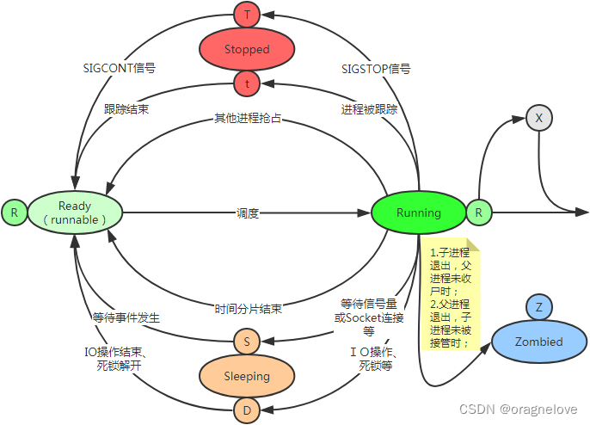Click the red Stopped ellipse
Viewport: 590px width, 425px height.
click(247, 49)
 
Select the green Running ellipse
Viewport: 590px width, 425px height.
click(419, 212)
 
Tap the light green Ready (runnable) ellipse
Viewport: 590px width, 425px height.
click(75, 212)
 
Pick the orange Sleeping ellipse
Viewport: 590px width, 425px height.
click(247, 376)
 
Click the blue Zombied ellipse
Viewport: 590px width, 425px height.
click(539, 342)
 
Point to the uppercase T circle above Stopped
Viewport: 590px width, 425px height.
click(247, 15)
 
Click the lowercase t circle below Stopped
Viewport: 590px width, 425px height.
click(247, 83)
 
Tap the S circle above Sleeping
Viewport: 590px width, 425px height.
click(247, 342)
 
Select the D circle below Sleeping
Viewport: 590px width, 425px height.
click(247, 410)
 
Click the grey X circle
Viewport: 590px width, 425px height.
click(539, 118)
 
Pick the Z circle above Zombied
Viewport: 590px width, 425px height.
click(539, 307)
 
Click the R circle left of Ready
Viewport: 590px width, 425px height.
click(14, 212)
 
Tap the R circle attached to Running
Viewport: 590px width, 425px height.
click(479, 212)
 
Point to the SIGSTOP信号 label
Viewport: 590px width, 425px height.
click(377, 67)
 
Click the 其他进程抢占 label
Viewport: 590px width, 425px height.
click(248, 118)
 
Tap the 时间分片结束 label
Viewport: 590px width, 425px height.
click(248, 307)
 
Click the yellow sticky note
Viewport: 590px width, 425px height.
click(451, 297)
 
